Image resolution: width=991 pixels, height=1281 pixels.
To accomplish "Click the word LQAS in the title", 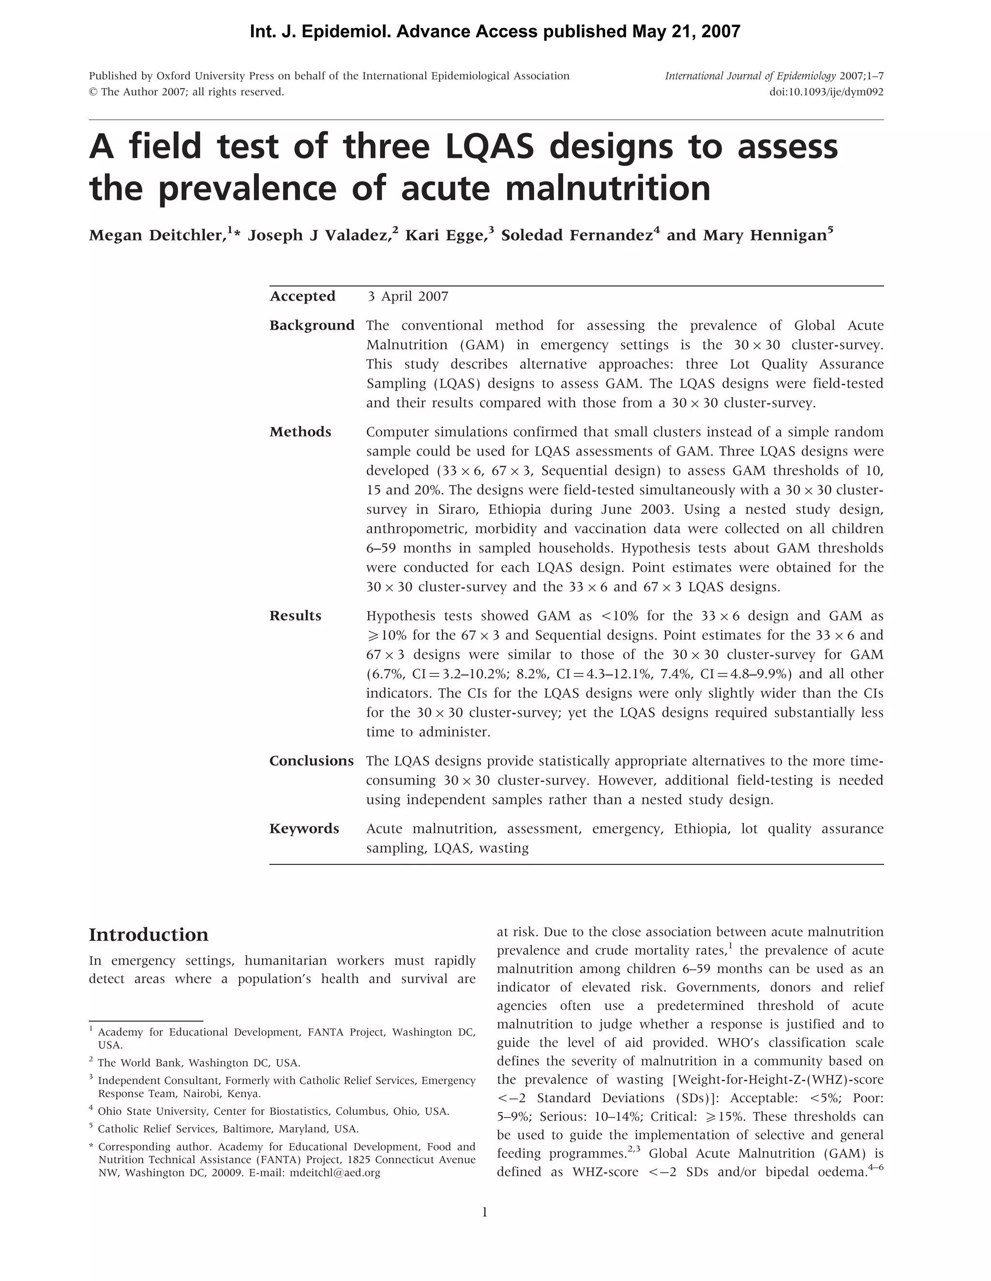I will (489, 147).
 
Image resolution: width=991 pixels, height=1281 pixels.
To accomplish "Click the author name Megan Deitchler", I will (158, 236).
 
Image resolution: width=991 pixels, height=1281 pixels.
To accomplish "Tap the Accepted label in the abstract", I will (302, 296).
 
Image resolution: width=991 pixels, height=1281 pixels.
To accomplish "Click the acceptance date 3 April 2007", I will (407, 296).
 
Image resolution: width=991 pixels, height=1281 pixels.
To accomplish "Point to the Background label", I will (312, 326).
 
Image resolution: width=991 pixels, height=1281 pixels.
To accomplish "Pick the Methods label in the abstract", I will (300, 432).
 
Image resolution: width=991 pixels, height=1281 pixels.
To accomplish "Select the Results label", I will (295, 616).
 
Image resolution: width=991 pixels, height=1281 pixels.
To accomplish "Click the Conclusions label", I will (311, 761).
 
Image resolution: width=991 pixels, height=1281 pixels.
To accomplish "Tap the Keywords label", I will (304, 829).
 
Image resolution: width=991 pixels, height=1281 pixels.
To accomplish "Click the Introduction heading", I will (149, 935).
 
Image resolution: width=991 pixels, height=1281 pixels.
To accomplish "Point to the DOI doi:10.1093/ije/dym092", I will (826, 92).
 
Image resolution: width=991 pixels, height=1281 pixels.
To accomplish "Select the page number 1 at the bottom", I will (484, 1212).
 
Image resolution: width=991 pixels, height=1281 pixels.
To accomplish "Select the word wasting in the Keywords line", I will (504, 848).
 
